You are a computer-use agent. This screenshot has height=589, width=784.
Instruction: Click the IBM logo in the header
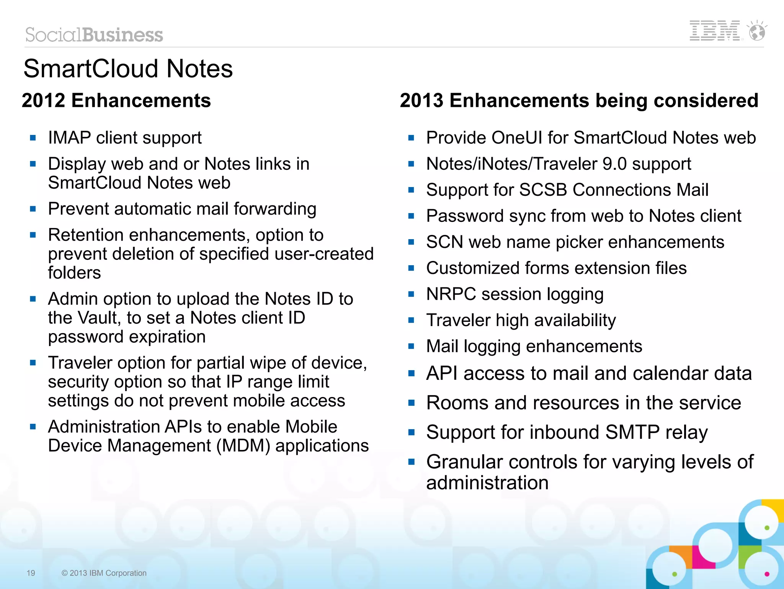(714, 31)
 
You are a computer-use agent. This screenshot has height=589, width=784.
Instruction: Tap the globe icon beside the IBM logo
(757, 31)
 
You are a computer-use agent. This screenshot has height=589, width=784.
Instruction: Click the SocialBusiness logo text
(94, 35)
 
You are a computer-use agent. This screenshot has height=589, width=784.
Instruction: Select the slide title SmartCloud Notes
(128, 69)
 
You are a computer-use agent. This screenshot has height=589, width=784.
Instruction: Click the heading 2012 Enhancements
(116, 100)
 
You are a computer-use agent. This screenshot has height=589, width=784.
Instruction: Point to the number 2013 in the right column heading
(421, 100)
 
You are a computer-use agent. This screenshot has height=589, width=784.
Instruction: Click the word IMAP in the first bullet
(69, 138)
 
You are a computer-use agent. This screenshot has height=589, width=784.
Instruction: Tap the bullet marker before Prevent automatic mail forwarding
(33, 209)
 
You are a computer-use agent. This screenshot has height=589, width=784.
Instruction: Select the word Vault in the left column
(96, 318)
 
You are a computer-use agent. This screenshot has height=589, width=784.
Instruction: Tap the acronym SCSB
(543, 190)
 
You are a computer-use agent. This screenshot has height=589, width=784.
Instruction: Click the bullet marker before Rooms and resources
(412, 403)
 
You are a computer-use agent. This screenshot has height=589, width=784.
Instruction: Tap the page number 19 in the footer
(31, 573)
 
